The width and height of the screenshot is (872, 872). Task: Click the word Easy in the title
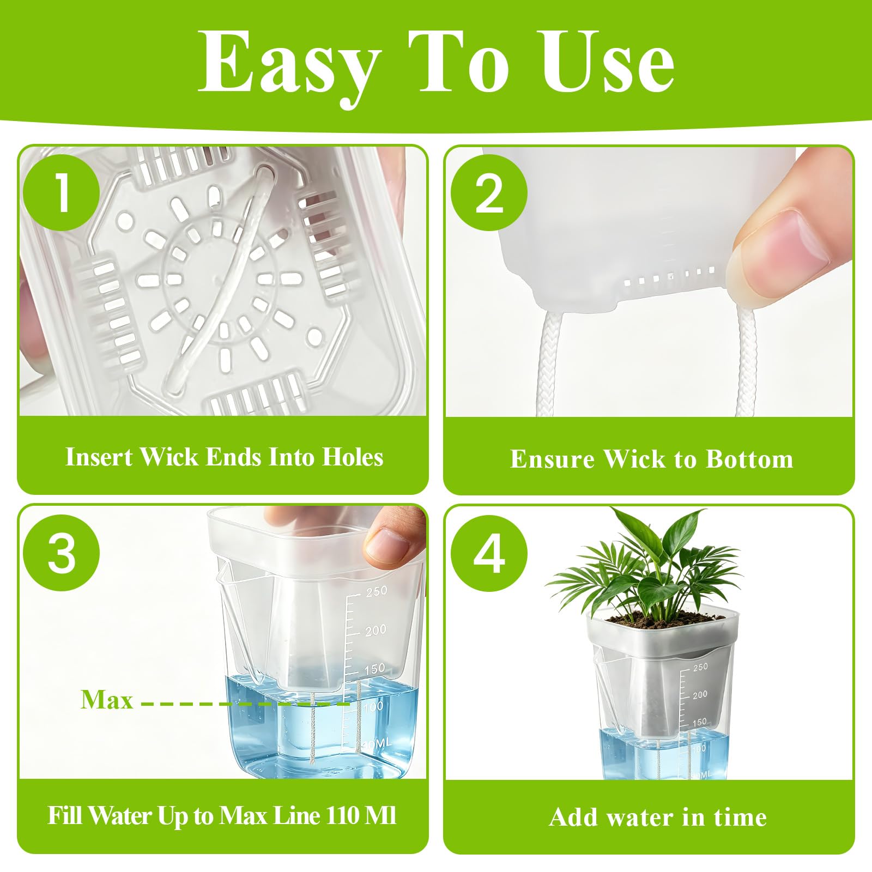[289, 65]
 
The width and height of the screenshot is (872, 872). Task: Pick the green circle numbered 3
[62, 552]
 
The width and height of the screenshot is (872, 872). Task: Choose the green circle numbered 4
[489, 553]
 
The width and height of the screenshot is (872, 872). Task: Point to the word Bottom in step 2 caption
[749, 459]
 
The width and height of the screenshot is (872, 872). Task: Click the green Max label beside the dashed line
[107, 699]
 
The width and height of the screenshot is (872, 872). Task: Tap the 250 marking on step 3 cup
[377, 591]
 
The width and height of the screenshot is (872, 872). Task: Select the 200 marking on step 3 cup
[376, 631]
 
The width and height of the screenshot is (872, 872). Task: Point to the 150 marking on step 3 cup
[374, 669]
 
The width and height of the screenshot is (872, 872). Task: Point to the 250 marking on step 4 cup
[700, 667]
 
